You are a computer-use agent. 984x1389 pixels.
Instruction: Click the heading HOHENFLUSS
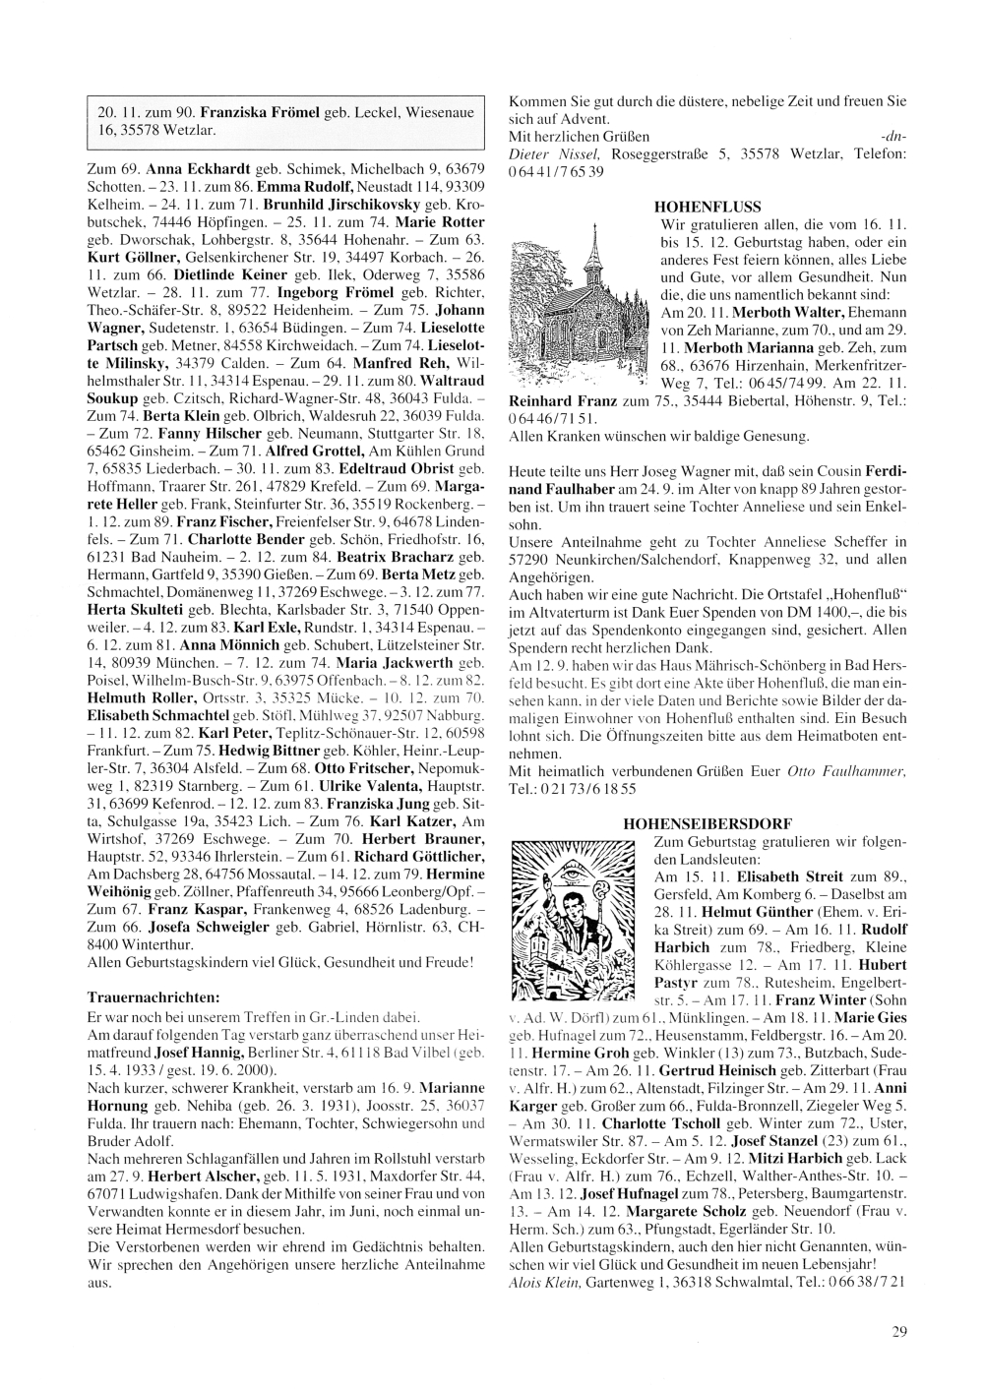point(707,208)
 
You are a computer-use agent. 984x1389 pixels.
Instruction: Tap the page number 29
point(899,1332)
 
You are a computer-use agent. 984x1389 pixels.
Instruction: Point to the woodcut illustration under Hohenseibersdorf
point(579,921)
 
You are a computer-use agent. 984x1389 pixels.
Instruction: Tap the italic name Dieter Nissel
point(555,154)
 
